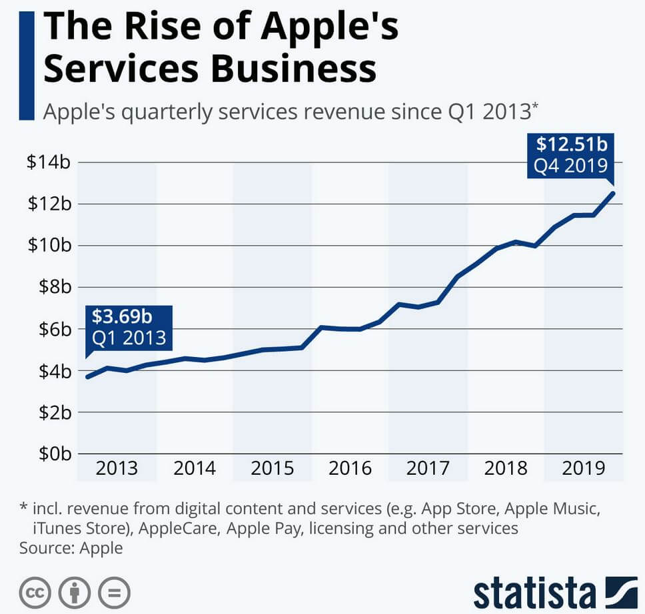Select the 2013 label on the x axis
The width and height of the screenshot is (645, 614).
click(x=117, y=467)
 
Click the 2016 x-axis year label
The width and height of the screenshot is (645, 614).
click(x=350, y=467)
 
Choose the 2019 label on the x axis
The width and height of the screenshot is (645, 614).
click(x=584, y=467)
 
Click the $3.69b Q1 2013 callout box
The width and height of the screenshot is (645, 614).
click(x=128, y=328)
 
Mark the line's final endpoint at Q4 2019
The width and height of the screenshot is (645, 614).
click(x=612, y=193)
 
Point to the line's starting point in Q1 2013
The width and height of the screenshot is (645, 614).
click(x=88, y=377)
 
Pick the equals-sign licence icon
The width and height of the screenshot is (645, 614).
click(x=115, y=592)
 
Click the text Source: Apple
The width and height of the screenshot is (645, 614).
click(x=71, y=549)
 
